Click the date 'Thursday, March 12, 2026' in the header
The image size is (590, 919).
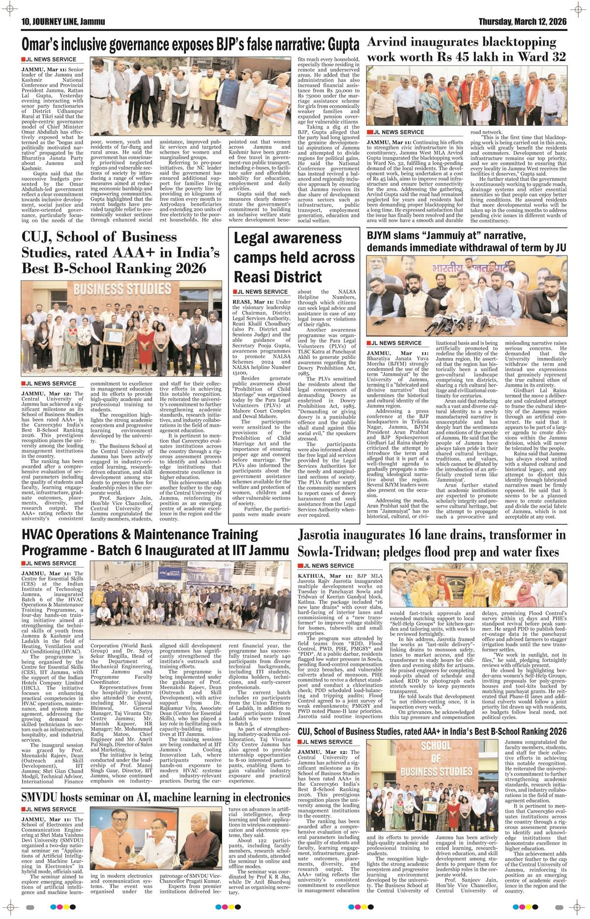pyautogui.click(x=522, y=22)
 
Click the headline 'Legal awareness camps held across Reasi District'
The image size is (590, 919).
pyautogui.click(x=288, y=257)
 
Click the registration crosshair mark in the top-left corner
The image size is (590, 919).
pyautogui.click(x=8, y=8)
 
